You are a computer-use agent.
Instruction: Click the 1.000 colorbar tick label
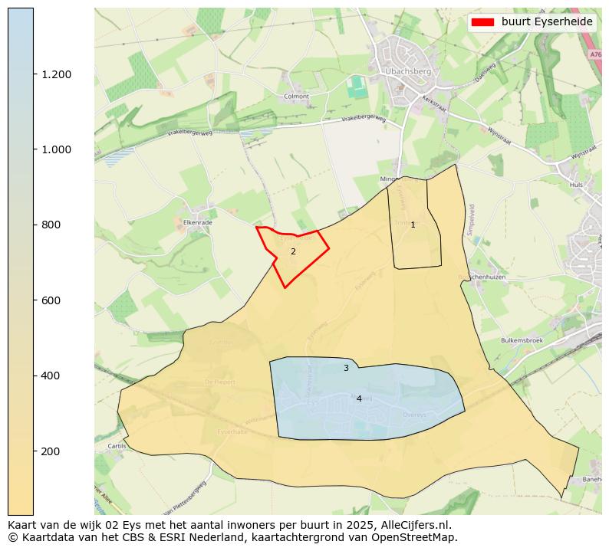coord(57,149)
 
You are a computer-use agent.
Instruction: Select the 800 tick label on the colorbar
coord(51,225)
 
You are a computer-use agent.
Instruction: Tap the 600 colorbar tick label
coord(51,300)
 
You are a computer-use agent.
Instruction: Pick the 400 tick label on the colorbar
coord(51,376)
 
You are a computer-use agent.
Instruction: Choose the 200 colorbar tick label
coord(51,451)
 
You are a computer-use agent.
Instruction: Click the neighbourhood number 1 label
coord(413,225)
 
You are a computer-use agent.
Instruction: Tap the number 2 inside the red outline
coord(293,251)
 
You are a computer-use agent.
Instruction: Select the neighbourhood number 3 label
coord(346,369)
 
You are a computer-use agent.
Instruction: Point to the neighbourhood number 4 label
coord(359,398)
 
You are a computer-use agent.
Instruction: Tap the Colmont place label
coord(296,97)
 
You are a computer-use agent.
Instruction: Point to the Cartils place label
coord(117,445)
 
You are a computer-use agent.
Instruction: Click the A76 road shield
coord(596,54)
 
